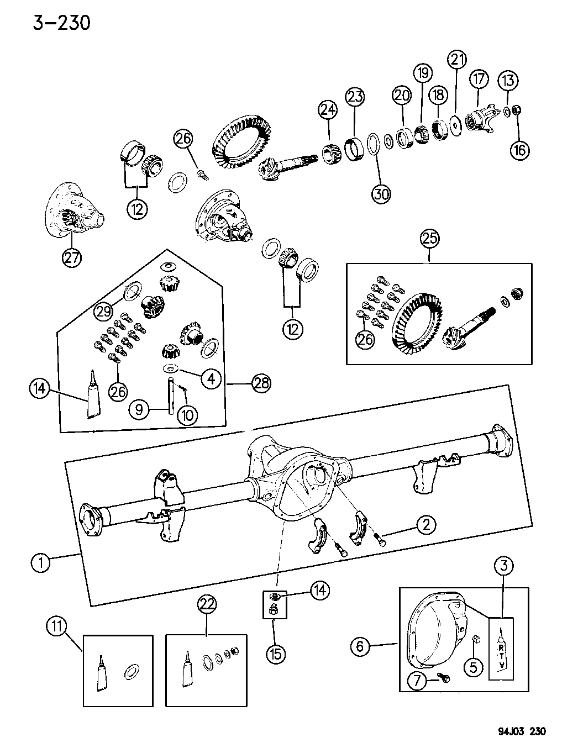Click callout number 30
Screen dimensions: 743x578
click(x=381, y=193)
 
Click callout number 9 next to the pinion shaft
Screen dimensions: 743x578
click(x=139, y=409)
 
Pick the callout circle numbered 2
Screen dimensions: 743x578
click(x=426, y=524)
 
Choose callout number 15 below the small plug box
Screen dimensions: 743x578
click(x=275, y=654)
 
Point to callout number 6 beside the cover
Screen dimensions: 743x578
click(x=360, y=645)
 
